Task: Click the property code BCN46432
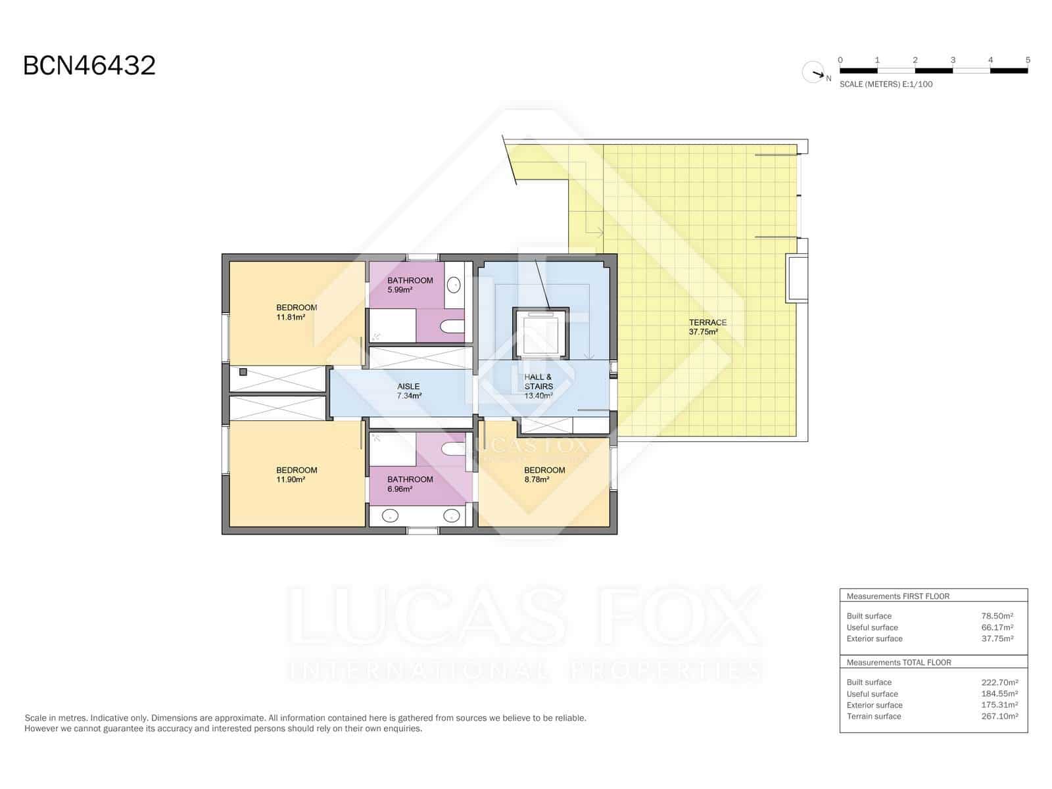click(89, 66)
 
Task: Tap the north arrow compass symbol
click(814, 72)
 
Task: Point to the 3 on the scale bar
click(953, 60)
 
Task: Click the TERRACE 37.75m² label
click(707, 327)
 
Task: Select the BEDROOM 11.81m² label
click(297, 312)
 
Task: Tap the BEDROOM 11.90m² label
click(297, 475)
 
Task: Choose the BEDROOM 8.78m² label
click(544, 475)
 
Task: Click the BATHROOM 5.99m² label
click(410, 285)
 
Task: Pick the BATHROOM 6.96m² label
click(410, 484)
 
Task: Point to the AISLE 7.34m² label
click(408, 391)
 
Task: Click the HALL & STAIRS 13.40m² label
click(538, 387)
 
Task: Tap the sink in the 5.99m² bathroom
click(454, 285)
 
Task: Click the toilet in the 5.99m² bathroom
click(452, 326)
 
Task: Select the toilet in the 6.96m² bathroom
click(453, 448)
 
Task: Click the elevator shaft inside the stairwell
click(540, 334)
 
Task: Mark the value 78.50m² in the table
click(997, 616)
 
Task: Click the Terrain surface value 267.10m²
click(999, 716)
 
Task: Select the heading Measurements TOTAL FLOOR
click(898, 662)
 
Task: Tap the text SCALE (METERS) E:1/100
click(886, 84)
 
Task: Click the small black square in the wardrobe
click(243, 372)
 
